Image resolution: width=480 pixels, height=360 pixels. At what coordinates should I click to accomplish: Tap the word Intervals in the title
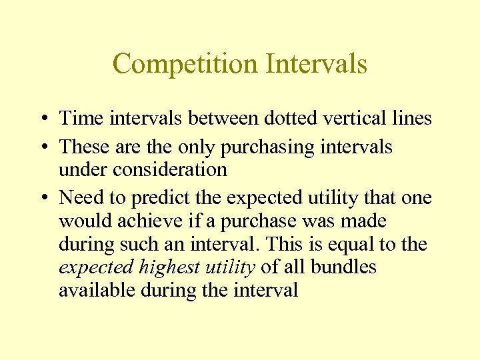point(316,65)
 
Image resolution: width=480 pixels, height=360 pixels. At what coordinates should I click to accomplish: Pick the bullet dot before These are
point(41,147)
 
